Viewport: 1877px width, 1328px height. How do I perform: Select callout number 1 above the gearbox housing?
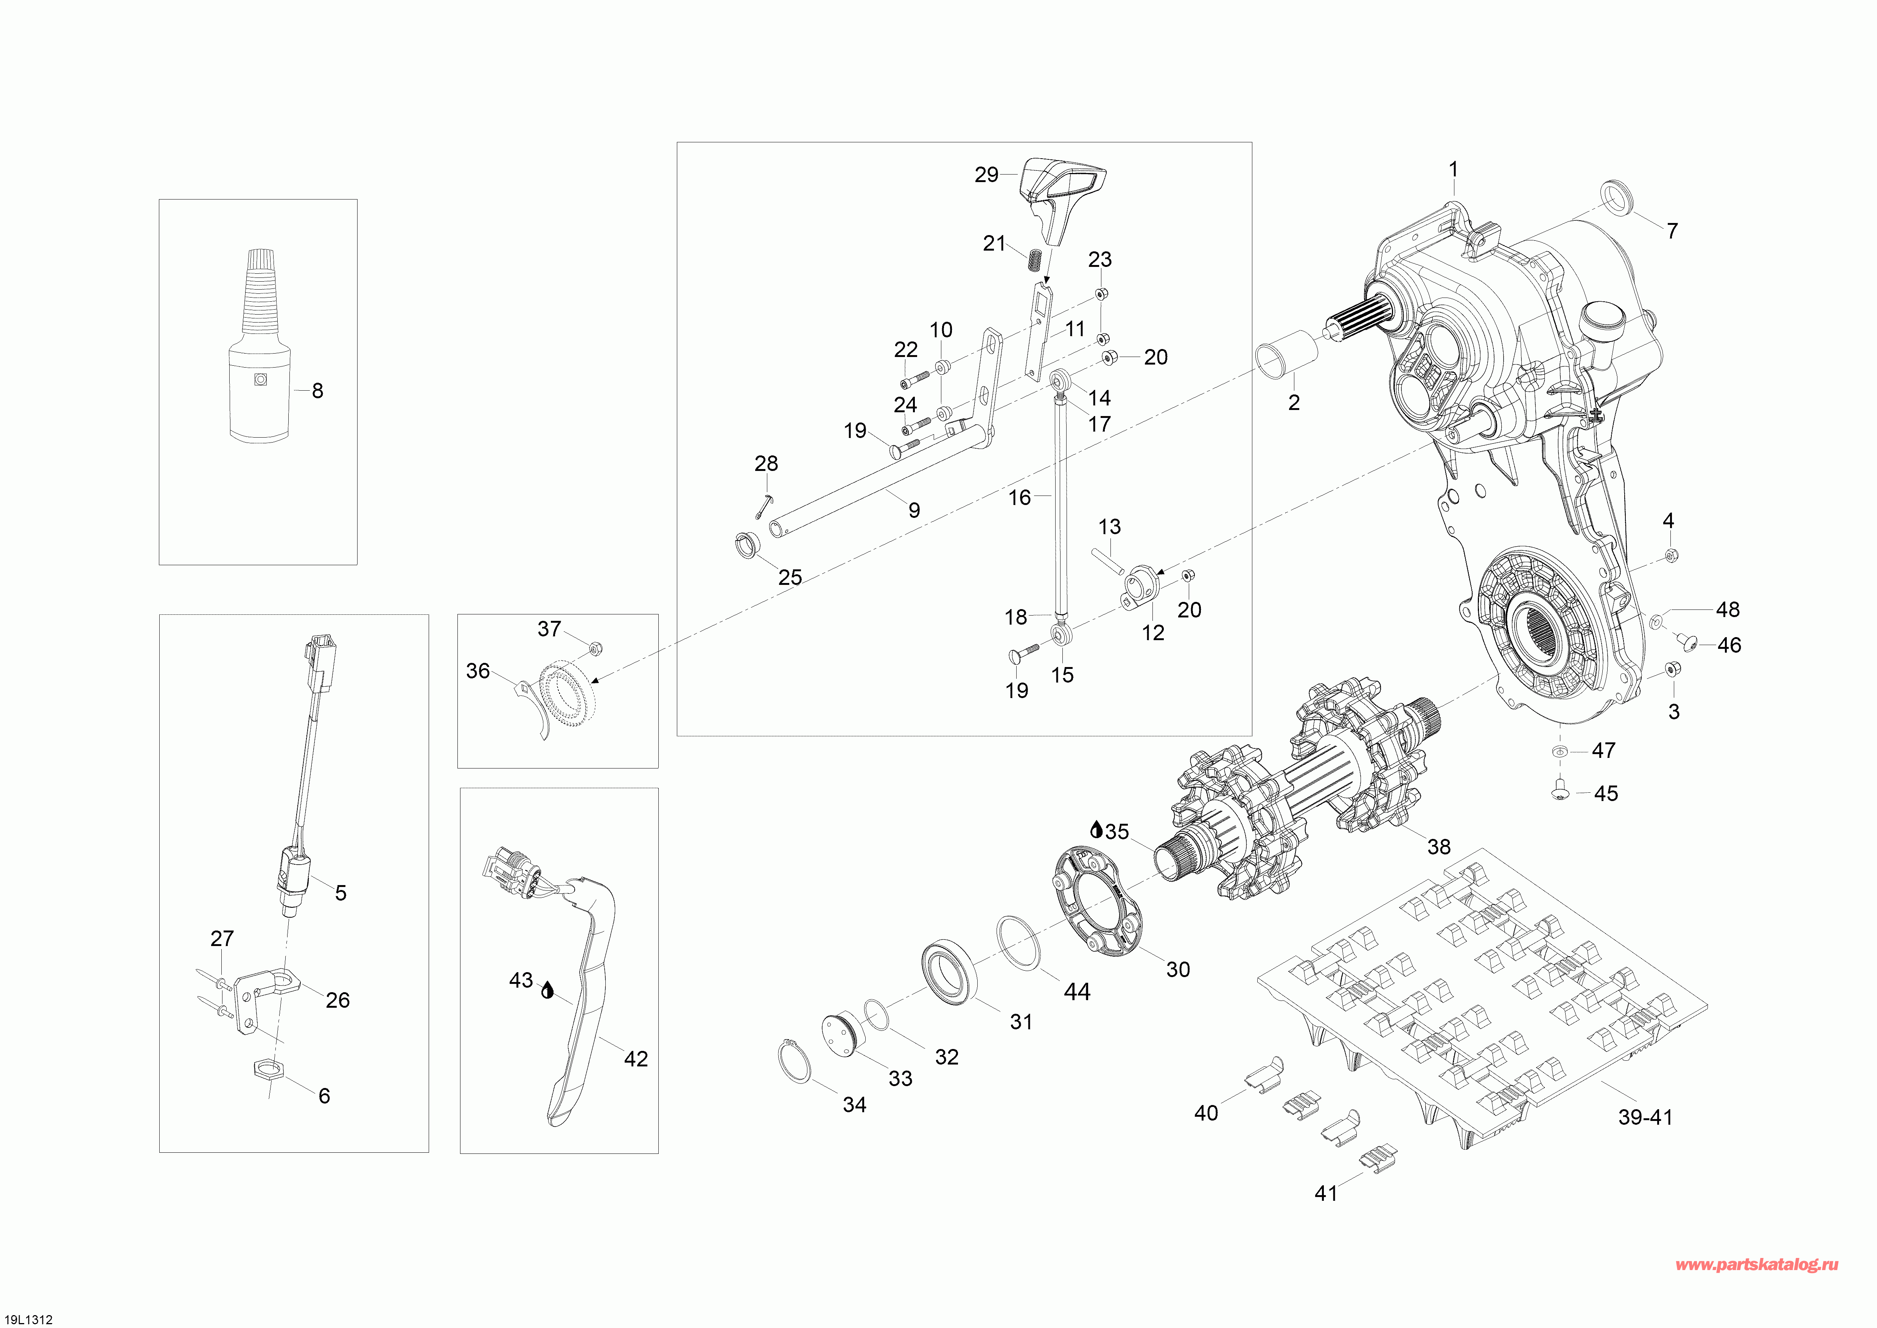tap(1454, 169)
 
